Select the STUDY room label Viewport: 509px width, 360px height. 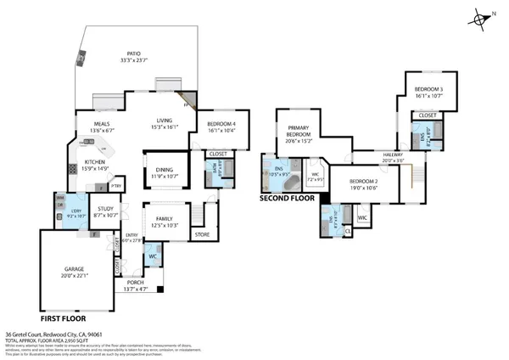click(105, 208)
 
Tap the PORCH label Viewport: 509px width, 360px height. click(136, 285)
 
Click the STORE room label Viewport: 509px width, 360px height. click(202, 235)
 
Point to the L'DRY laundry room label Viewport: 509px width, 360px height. click(76, 208)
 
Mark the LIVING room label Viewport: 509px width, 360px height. click(164, 121)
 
